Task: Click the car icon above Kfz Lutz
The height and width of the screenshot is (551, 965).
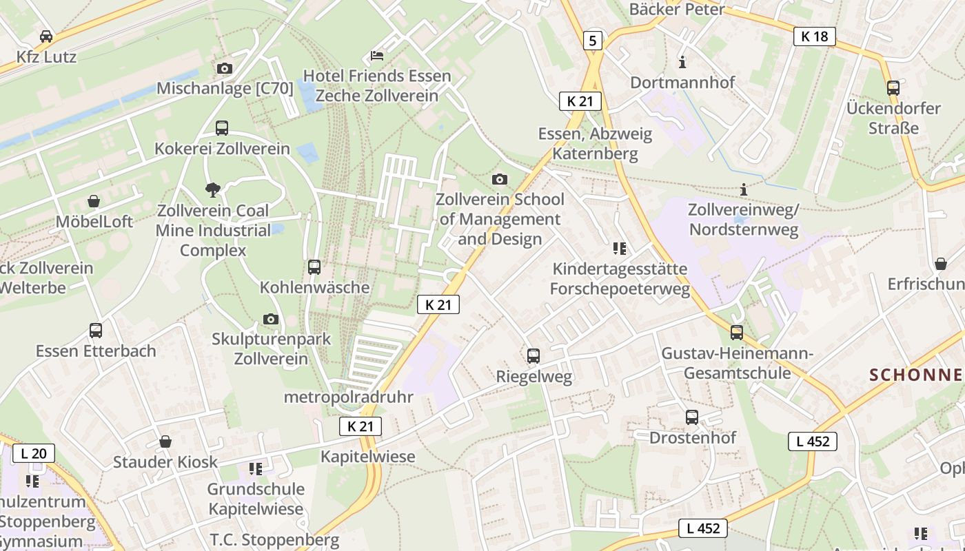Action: pos(46,36)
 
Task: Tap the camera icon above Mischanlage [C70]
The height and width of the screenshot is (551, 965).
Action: pos(225,68)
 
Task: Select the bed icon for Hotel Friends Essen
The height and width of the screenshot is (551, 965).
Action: pos(377,55)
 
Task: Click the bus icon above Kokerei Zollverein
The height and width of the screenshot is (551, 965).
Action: pos(222,127)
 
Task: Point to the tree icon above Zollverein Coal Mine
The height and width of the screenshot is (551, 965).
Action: pos(214,189)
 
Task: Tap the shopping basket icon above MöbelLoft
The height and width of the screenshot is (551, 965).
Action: pos(94,201)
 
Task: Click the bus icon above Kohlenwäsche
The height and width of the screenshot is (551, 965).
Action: pos(314,267)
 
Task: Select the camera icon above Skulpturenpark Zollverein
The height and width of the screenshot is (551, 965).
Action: pos(271,319)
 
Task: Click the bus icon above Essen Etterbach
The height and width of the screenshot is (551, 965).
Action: pos(96,331)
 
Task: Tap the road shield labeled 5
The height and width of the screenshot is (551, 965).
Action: pos(592,41)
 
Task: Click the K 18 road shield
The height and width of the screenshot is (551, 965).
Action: pos(814,37)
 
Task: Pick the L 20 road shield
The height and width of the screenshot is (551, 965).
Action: pos(33,453)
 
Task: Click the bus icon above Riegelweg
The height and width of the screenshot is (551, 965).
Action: pos(534,356)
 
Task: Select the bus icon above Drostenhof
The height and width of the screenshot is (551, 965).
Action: pos(692,417)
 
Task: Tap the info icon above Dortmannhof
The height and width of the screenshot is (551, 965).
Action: pos(682,62)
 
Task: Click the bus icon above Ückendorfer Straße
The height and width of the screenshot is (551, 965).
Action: pos(893,87)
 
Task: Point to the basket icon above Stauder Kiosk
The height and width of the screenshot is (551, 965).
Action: pos(165,441)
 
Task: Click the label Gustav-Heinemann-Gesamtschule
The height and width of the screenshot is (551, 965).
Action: pos(738,363)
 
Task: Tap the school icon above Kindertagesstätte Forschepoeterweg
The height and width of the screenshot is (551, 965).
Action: pos(619,249)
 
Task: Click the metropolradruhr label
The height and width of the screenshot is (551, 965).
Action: pos(348,397)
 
